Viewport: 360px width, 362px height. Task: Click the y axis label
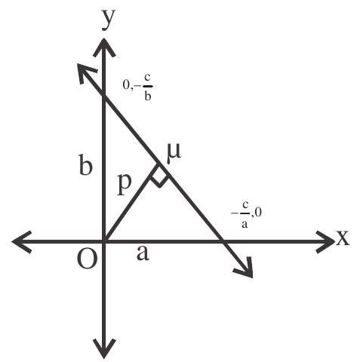pos(109,20)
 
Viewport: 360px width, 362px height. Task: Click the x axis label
pos(343,238)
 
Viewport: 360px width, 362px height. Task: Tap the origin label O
pos(87,259)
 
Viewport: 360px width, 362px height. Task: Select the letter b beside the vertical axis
pos(85,164)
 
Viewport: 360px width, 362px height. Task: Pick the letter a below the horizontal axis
pos(143,253)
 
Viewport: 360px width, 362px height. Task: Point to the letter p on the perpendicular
pos(125,185)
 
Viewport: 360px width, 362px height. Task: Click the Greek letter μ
pos(174,152)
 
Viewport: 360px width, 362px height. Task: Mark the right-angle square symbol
pos(159,176)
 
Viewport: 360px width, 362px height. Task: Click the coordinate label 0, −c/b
pos(138,87)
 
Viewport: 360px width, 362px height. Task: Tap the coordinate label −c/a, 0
pos(247,214)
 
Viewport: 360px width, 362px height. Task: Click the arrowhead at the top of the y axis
pos(104,47)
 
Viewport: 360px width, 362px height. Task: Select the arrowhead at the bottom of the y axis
pos(104,348)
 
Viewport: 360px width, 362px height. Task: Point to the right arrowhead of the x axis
pos(325,241)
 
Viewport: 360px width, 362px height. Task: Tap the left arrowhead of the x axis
pos(22,242)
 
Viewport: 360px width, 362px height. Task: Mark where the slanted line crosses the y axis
pos(104,98)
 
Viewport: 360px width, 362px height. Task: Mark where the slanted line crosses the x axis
pos(223,242)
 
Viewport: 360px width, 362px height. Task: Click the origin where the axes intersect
pos(104,242)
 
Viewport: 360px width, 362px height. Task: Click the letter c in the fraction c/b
pos(147,79)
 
